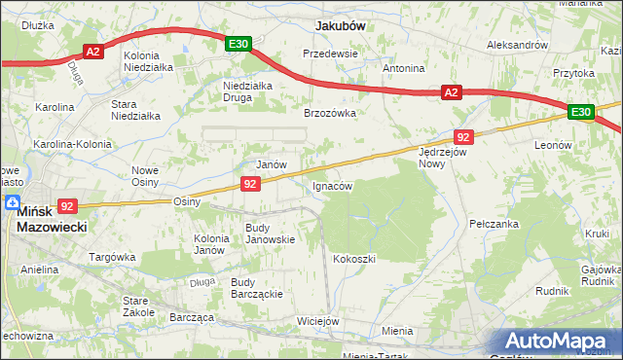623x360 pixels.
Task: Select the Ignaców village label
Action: click(332, 185)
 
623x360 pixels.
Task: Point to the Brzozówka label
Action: click(330, 113)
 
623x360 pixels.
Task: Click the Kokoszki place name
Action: click(354, 259)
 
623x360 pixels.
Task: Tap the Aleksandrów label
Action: click(518, 45)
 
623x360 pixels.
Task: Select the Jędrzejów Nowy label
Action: click(445, 158)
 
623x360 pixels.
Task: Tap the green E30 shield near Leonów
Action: click(581, 113)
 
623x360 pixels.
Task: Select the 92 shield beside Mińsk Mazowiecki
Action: click(66, 205)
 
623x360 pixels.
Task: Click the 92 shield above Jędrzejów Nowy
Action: click(463, 137)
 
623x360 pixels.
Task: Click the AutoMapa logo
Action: click(558, 341)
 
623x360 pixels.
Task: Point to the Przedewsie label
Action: click(330, 54)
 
